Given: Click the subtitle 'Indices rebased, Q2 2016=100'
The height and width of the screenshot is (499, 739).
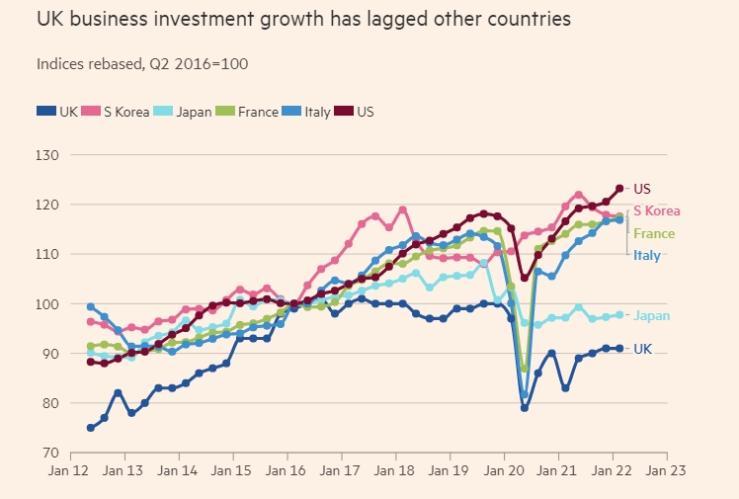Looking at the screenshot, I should pyautogui.click(x=142, y=63).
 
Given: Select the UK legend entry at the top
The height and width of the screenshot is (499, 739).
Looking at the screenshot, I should pyautogui.click(x=58, y=112).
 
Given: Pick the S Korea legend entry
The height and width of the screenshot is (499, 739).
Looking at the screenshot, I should pyautogui.click(x=118, y=112).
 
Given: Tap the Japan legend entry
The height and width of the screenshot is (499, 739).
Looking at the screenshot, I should pyautogui.click(x=186, y=112).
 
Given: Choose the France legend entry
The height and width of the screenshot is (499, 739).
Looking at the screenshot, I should pyautogui.click(x=249, y=112).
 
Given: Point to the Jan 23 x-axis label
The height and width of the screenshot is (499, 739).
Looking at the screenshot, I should pyautogui.click(x=668, y=472).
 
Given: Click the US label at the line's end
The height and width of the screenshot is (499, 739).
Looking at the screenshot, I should pyautogui.click(x=642, y=189).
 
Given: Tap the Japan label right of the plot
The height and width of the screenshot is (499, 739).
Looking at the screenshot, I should pyautogui.click(x=651, y=316).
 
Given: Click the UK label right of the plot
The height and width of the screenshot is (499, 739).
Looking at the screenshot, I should pyautogui.click(x=642, y=349).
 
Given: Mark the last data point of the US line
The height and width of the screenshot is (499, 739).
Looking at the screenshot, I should pyautogui.click(x=619, y=188).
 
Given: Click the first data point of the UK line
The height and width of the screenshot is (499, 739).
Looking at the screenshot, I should pyautogui.click(x=91, y=428).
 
